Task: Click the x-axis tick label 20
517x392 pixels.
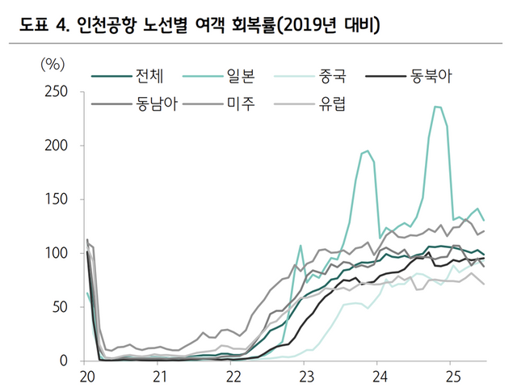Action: tap(86, 377)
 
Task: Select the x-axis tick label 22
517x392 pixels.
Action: tap(233, 377)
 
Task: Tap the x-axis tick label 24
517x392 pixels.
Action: tap(380, 377)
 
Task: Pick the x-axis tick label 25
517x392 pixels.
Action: tap(453, 377)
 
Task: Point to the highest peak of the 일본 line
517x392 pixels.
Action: tap(437, 106)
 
